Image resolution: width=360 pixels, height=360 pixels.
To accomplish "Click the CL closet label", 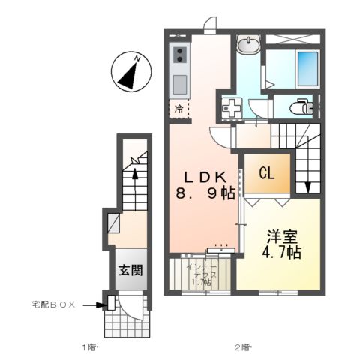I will [x=265, y=174].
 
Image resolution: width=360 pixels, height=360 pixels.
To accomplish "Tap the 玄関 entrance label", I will [x=130, y=271].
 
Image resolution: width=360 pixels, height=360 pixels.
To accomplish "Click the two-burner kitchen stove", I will [x=181, y=55].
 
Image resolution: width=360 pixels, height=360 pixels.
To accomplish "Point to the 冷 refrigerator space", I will [x=179, y=109].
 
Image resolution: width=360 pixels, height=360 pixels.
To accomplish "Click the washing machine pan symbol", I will [x=232, y=107].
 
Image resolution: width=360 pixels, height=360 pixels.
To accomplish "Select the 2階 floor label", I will [x=241, y=347].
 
